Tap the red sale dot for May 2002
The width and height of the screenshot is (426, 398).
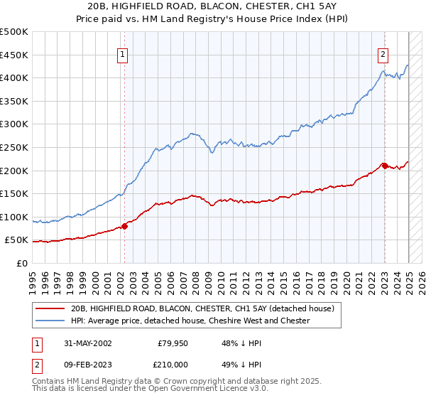124,226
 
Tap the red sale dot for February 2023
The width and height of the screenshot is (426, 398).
385,166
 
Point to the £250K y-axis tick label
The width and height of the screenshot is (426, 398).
14,147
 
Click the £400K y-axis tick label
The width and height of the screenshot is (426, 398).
14,77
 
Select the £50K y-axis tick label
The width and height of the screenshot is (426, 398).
17,240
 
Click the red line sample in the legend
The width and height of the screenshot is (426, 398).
50,308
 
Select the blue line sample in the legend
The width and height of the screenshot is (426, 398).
50,321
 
